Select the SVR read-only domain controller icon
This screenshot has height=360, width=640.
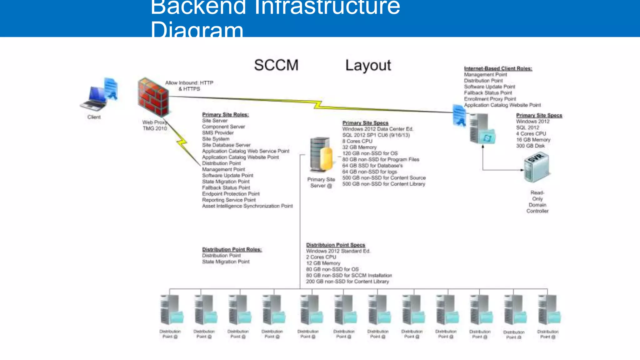click(x=536, y=167)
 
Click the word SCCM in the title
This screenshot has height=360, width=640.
click(x=276, y=65)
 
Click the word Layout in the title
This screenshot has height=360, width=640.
click(x=368, y=65)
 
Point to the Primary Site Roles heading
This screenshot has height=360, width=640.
click(x=225, y=115)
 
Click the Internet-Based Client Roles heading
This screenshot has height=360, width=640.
click(x=498, y=68)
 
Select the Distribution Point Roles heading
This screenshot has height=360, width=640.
click(x=232, y=249)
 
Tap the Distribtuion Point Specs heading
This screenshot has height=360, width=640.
click(x=335, y=245)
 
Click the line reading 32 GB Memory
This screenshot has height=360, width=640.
click(x=359, y=147)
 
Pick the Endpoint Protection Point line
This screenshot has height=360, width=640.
click(x=231, y=194)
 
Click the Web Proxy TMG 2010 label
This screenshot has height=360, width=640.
click(x=155, y=125)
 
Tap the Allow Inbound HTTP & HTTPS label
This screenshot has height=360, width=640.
click(x=189, y=86)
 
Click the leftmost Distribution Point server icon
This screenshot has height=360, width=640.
click(x=171, y=310)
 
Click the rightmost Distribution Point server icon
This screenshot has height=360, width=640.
click(x=548, y=310)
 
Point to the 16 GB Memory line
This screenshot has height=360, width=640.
click(x=533, y=140)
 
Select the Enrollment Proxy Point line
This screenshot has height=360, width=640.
click(x=490, y=99)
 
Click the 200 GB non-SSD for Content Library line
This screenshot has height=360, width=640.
click(x=347, y=282)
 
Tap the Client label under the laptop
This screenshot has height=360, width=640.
click(x=94, y=117)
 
